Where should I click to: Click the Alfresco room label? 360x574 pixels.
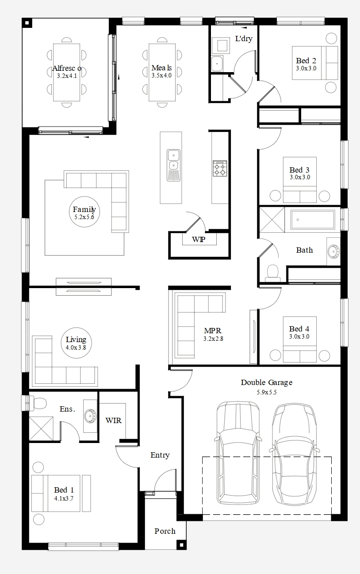click(67, 69)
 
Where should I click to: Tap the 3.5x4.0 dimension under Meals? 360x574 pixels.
click(161, 76)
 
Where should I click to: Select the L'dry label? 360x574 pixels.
click(244, 39)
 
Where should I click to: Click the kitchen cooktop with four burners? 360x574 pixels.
click(220, 168)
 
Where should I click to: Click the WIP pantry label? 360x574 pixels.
click(199, 239)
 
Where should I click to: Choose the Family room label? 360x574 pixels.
click(84, 209)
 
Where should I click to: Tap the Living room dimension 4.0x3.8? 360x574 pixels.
click(76, 348)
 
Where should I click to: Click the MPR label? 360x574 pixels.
click(213, 331)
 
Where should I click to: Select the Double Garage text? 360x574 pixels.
click(267, 382)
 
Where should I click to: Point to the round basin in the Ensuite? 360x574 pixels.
click(90, 416)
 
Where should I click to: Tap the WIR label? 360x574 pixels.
click(113, 420)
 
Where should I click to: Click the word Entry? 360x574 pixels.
click(160, 455)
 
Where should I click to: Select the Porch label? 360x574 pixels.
click(165, 531)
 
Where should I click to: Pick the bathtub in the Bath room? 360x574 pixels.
click(313, 220)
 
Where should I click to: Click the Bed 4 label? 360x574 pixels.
click(299, 329)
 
